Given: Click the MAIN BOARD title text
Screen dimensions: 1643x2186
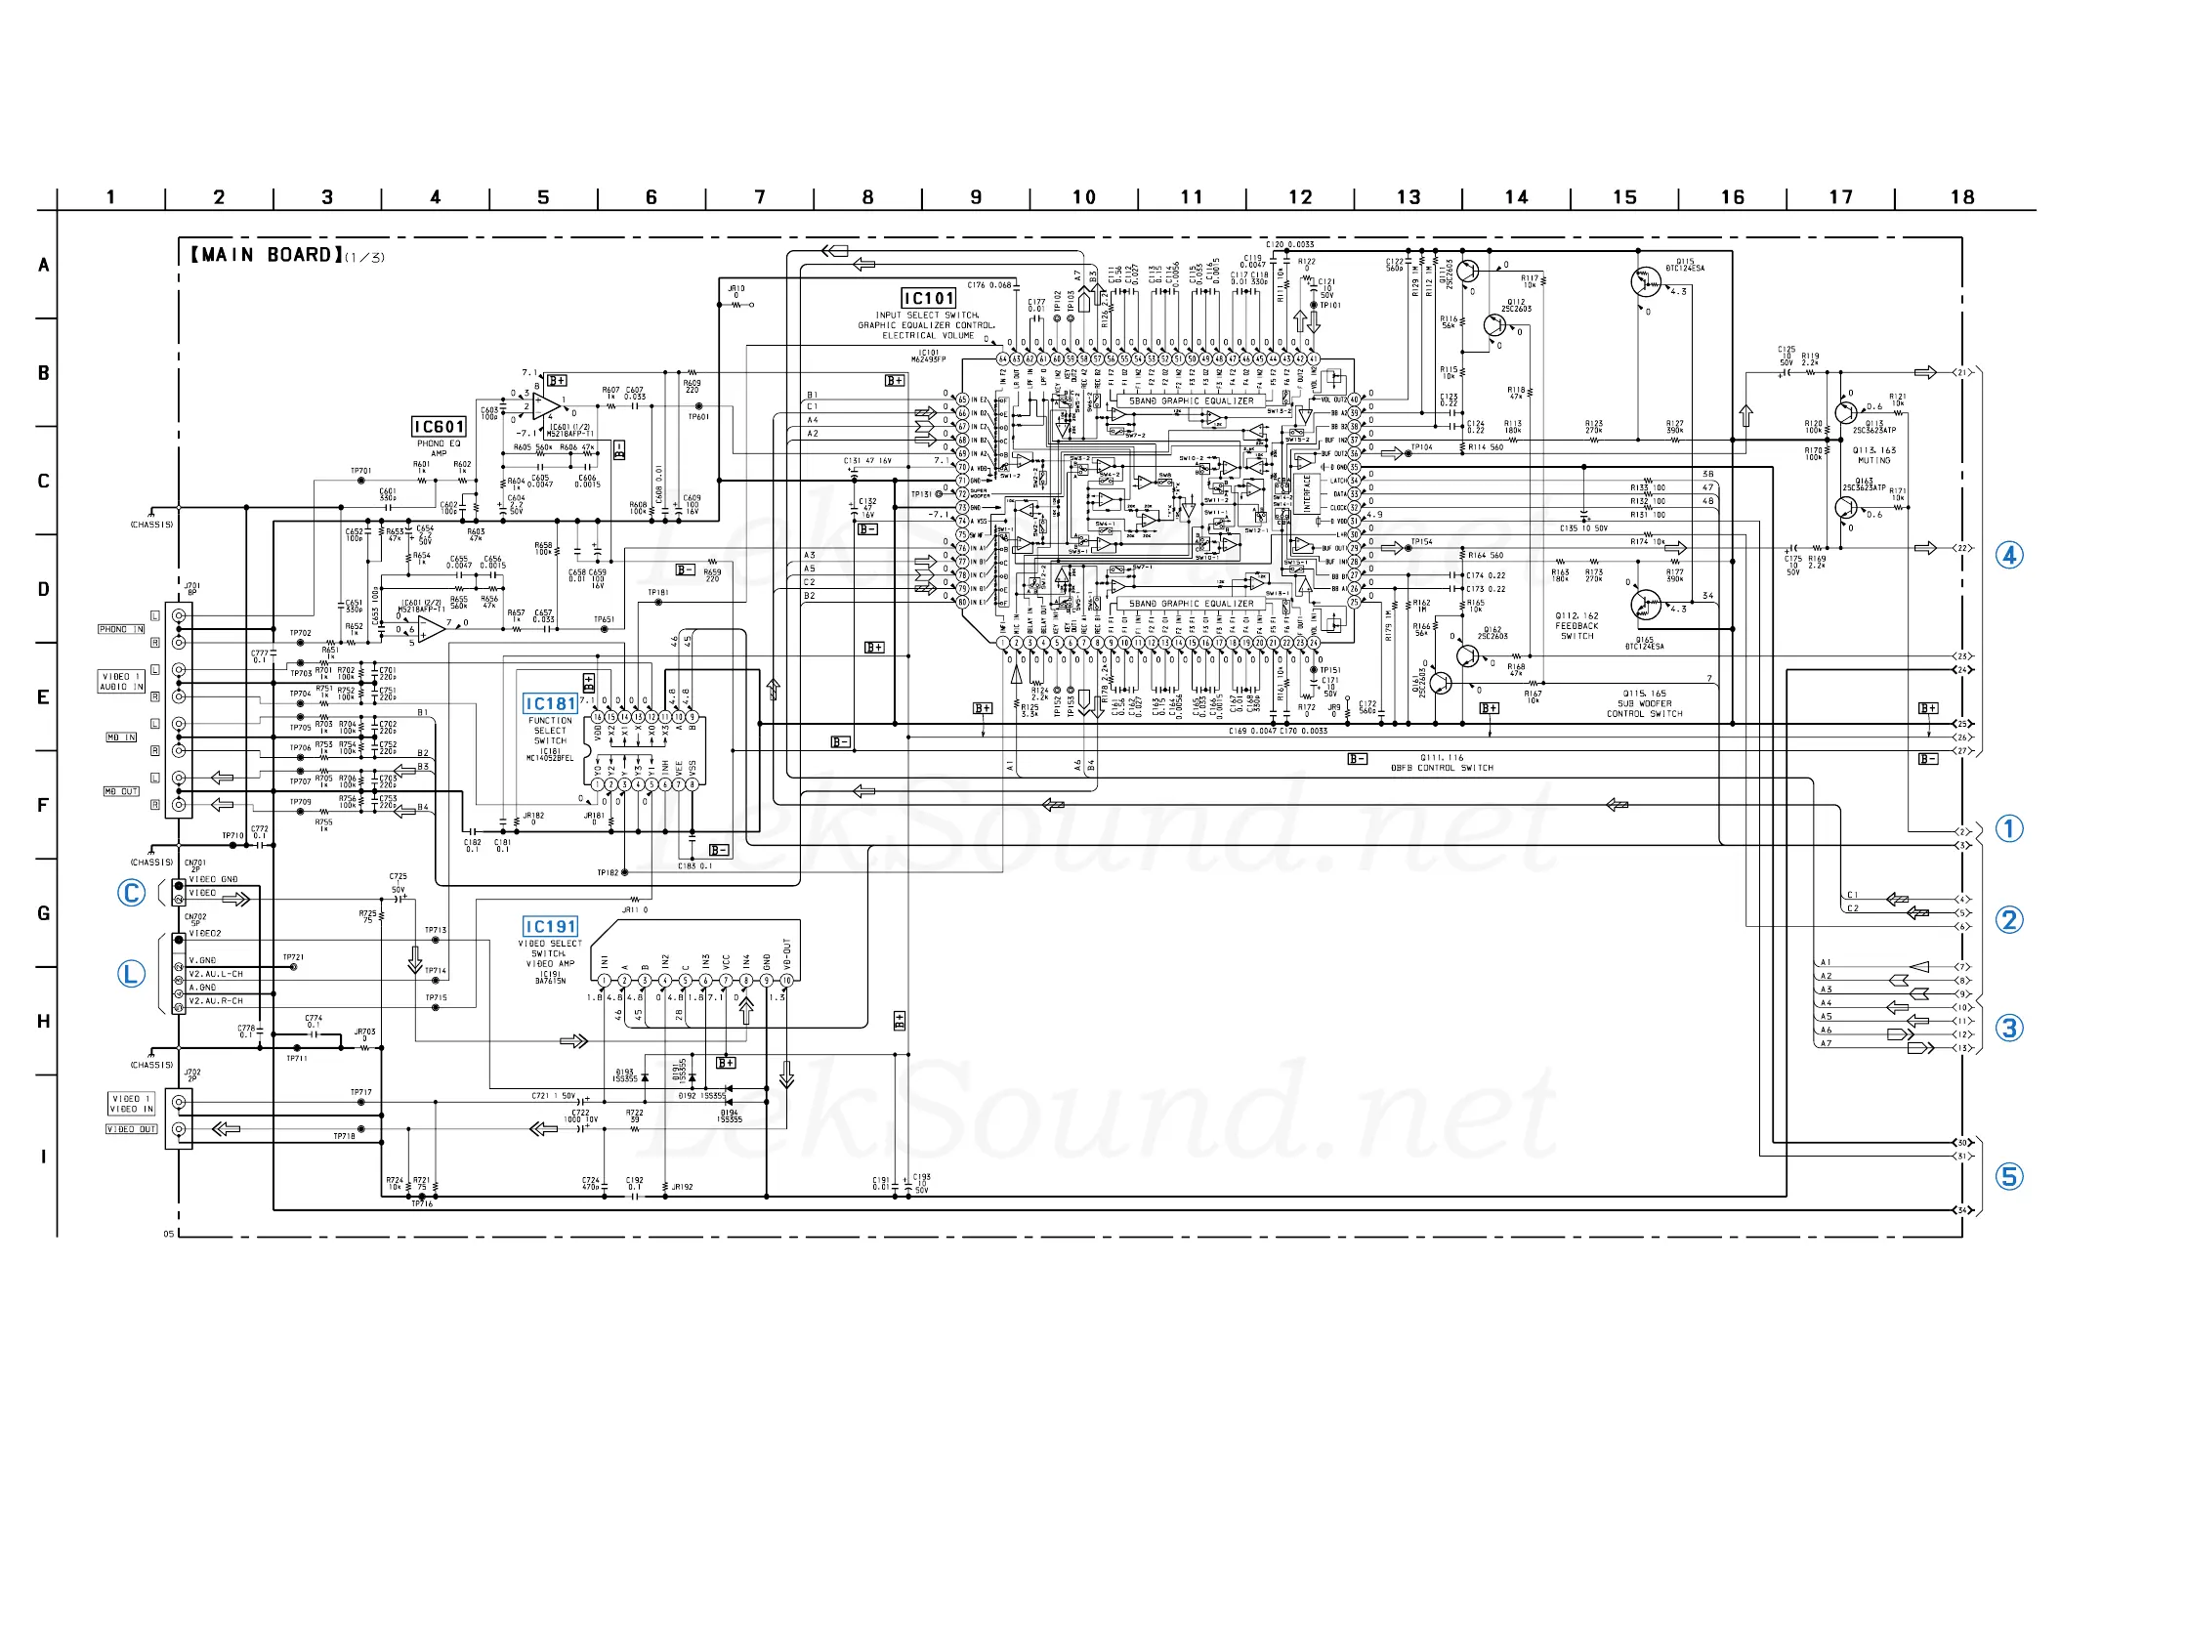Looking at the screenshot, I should [267, 255].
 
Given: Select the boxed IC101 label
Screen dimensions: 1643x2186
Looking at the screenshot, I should [928, 299].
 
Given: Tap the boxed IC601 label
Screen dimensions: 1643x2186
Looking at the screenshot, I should [439, 427].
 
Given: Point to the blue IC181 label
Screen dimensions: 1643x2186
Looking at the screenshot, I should [551, 704].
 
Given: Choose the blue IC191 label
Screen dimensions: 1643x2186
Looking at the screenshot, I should [551, 926].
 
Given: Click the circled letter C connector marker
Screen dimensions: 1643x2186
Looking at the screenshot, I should [132, 893].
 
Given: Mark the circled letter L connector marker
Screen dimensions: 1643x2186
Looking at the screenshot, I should [132, 974].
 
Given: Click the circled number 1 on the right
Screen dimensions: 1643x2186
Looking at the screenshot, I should [2009, 828].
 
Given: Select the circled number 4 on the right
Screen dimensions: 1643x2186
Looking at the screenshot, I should [2009, 555].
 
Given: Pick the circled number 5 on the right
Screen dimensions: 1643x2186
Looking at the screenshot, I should [2009, 1176].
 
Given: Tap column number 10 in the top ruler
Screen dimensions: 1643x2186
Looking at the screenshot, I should [1084, 197].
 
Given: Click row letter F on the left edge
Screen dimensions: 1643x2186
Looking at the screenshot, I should [43, 806].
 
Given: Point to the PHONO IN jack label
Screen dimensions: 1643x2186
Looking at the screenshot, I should [121, 629].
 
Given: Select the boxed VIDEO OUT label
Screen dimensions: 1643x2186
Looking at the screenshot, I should [132, 1129].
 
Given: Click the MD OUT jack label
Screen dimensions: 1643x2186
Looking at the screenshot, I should [121, 792].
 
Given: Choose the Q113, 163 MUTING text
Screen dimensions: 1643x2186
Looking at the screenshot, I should [1873, 455].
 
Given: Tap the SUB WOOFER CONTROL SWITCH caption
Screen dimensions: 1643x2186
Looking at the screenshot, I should [1645, 703].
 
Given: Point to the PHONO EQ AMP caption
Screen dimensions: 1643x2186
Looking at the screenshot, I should [439, 447].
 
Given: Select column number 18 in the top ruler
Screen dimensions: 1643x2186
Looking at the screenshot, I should [1962, 197].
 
